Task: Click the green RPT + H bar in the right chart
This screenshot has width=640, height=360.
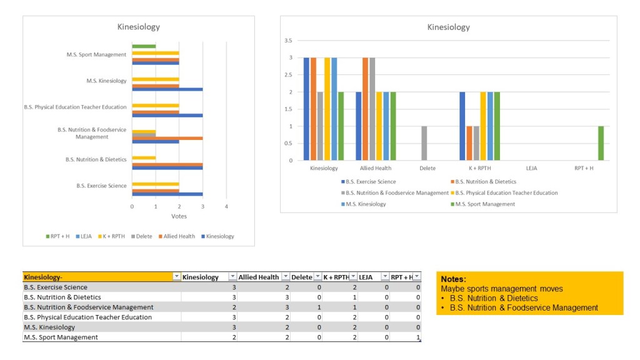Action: click(601, 143)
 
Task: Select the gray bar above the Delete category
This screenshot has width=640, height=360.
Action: click(424, 143)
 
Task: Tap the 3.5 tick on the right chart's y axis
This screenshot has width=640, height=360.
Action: click(288, 41)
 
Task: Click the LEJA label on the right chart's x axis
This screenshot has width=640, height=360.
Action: click(531, 168)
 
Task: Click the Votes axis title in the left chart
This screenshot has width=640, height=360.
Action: click(179, 216)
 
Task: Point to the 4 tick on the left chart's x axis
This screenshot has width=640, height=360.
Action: click(226, 206)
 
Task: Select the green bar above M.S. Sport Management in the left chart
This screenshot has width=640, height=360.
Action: click(144, 46)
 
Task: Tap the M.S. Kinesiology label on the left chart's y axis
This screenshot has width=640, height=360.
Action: click(106, 81)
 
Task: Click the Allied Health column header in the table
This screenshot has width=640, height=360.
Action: click(258, 277)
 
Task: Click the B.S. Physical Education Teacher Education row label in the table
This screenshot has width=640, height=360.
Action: click(87, 317)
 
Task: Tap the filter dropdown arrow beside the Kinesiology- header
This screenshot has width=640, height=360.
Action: click(176, 277)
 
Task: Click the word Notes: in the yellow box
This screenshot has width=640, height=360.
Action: click(454, 279)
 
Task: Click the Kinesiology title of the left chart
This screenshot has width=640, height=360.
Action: click(139, 27)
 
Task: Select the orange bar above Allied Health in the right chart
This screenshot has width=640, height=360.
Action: click(366, 109)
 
